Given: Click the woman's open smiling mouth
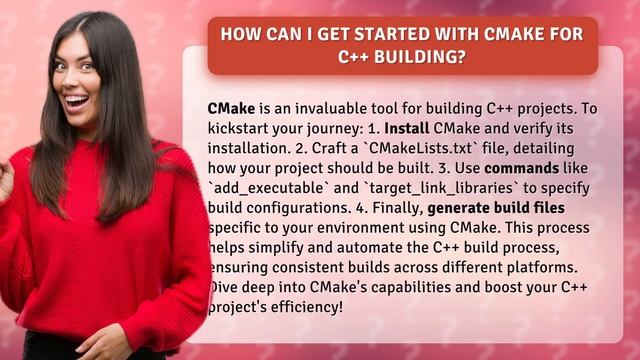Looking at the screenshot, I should coord(76,100).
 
